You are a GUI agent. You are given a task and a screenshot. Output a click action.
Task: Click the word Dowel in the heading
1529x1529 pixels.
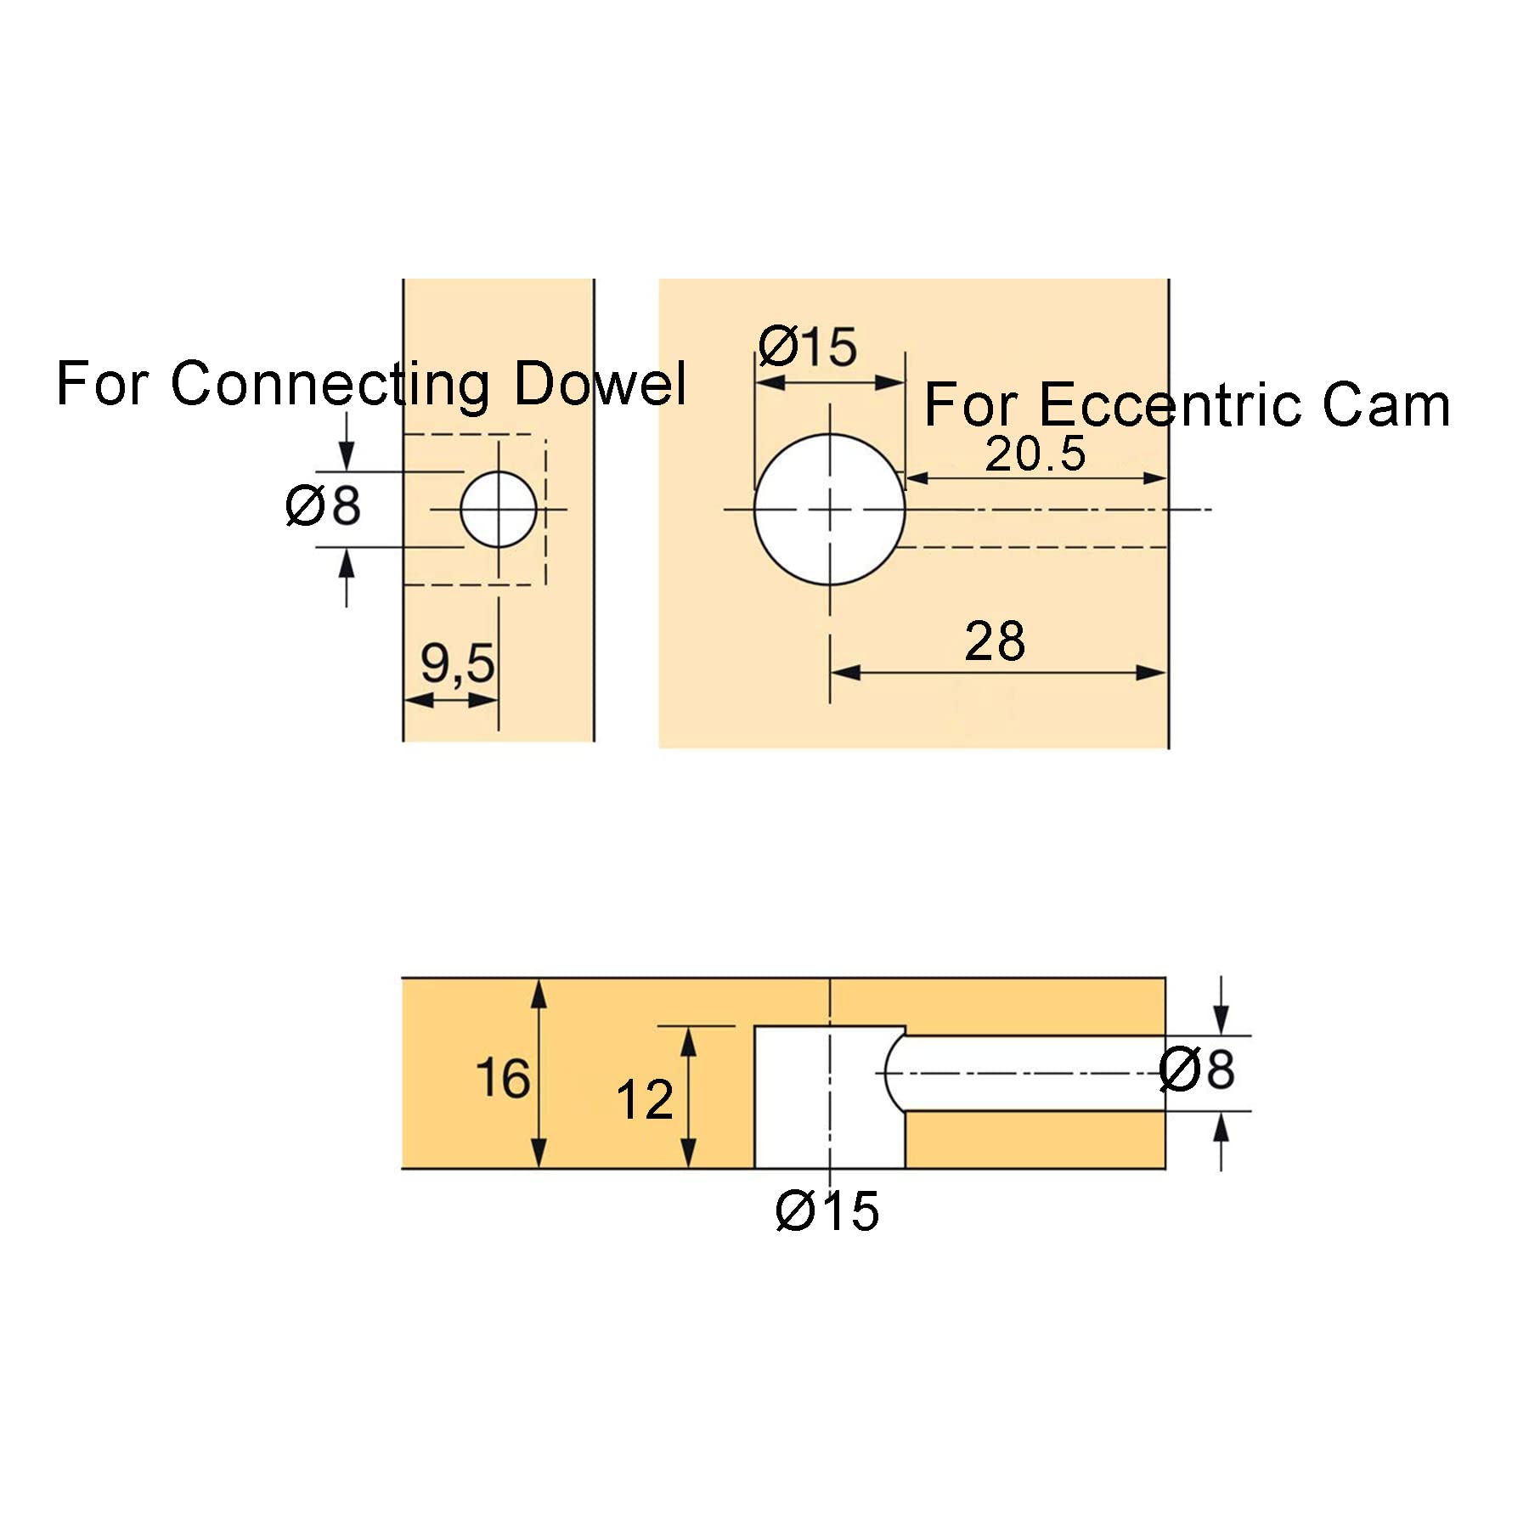click(x=600, y=384)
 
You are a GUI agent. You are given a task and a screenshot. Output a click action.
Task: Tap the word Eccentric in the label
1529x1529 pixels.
click(x=1172, y=405)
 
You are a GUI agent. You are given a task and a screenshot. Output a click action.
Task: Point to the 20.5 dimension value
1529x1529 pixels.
click(x=1035, y=454)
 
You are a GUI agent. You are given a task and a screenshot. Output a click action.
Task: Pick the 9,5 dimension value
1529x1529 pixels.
click(x=457, y=663)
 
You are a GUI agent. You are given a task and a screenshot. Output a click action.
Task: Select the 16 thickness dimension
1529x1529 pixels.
click(x=503, y=1079)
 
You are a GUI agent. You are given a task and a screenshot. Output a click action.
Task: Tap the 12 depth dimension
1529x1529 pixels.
click(x=645, y=1100)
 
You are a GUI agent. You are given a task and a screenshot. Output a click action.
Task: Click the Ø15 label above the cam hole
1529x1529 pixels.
click(x=808, y=347)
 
